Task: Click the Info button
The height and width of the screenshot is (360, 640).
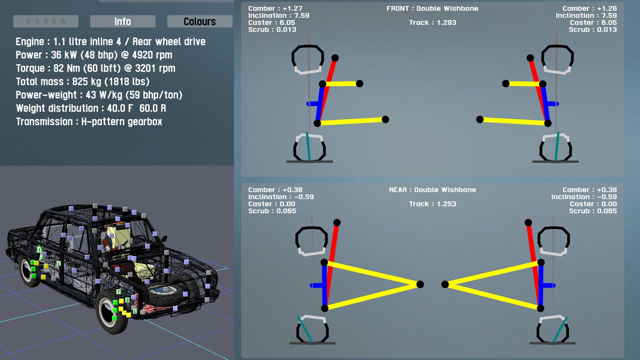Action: [x=123, y=21]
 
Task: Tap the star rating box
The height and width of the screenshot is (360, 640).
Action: [x=46, y=21]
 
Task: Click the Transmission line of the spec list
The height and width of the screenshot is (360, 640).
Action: [x=89, y=122]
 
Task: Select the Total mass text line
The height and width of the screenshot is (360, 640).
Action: [x=83, y=82]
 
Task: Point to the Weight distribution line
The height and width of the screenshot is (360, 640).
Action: [x=91, y=108]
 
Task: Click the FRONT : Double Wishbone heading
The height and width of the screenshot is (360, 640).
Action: [x=432, y=9]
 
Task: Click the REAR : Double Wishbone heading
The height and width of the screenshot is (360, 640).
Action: [x=432, y=190]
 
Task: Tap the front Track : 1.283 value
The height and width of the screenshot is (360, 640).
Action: [x=433, y=23]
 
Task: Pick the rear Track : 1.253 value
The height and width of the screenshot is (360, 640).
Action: [x=433, y=204]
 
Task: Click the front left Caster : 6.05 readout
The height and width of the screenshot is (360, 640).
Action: [x=272, y=23]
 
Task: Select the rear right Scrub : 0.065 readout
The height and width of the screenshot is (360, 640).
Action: [x=593, y=211]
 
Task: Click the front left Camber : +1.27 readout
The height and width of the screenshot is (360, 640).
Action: [x=275, y=9]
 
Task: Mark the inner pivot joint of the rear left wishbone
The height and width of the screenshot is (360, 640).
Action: [x=420, y=284]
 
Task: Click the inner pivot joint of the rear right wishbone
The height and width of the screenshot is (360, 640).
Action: [x=445, y=284]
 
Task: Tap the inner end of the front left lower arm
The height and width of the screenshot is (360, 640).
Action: [x=385, y=119]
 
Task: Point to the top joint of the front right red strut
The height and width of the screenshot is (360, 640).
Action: [x=530, y=58]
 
